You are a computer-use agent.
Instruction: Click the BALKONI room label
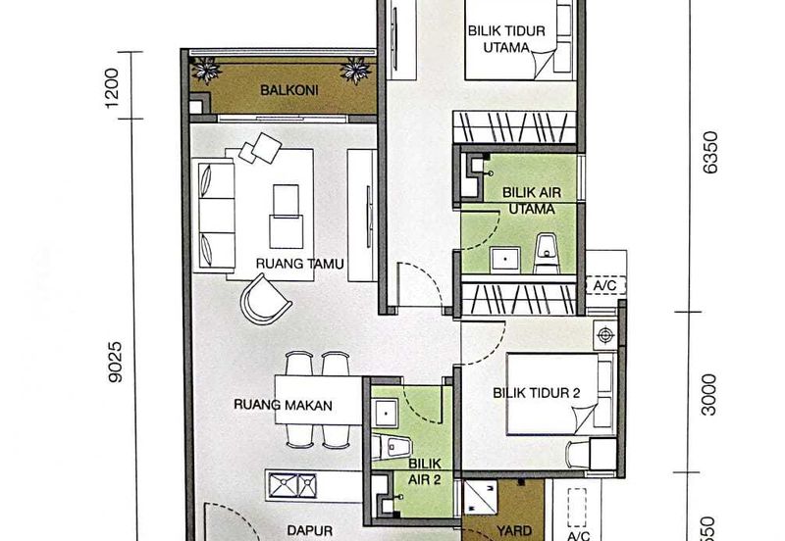pyautogui.click(x=280, y=91)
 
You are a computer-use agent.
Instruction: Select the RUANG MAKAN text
pyautogui.click(x=284, y=404)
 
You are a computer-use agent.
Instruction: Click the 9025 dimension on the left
pyautogui.click(x=118, y=361)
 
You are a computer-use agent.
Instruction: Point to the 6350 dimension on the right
pyautogui.click(x=711, y=152)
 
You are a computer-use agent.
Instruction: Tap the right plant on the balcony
pyautogui.click(x=354, y=71)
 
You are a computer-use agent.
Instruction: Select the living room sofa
pyautogui.click(x=216, y=213)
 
